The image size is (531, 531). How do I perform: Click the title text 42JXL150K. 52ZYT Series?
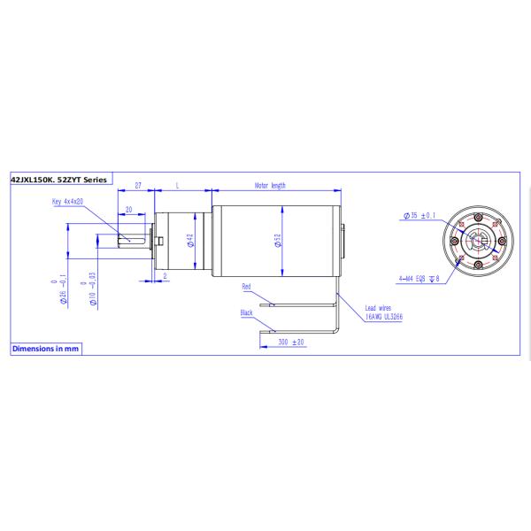58,180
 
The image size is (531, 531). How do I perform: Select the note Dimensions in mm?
45,349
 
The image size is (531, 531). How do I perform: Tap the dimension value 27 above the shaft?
139,186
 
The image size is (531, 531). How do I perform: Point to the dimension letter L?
179,186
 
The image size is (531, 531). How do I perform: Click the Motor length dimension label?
270,186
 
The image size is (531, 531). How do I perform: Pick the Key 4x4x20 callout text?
67,202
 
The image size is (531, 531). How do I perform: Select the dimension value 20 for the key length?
130,210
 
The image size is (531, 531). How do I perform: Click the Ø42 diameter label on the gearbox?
191,240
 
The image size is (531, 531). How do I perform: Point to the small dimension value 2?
165,276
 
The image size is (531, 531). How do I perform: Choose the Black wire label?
247,312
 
